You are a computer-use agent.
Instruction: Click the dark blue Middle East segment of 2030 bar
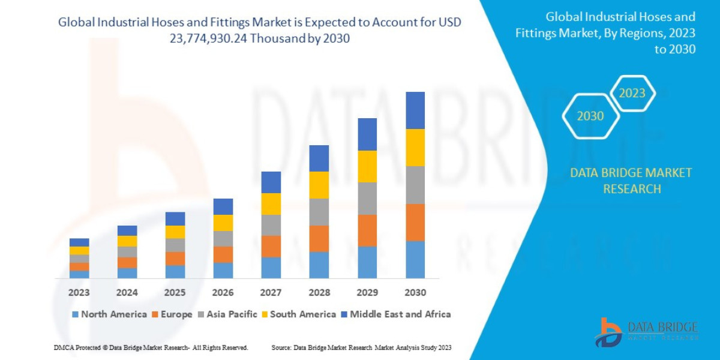(415, 110)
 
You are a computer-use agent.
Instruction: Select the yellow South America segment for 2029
(367, 166)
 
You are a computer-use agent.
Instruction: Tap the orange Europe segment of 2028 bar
(319, 238)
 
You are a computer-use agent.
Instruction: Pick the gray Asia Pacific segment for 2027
(271, 225)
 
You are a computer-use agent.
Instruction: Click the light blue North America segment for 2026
(223, 271)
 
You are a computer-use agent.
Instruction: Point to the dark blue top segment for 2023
(79, 242)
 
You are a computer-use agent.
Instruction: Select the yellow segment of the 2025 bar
(175, 232)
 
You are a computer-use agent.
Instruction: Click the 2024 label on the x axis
(127, 293)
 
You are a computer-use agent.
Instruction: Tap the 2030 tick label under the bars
(415, 293)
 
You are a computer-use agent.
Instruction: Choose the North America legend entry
(109, 314)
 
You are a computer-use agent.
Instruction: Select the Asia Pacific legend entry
(229, 314)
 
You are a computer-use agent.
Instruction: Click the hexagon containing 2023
(632, 93)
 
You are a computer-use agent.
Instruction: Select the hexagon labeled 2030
(590, 116)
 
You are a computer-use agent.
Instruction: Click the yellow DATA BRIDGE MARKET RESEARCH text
(631, 181)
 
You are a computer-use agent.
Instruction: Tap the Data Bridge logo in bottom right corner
(646, 332)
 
